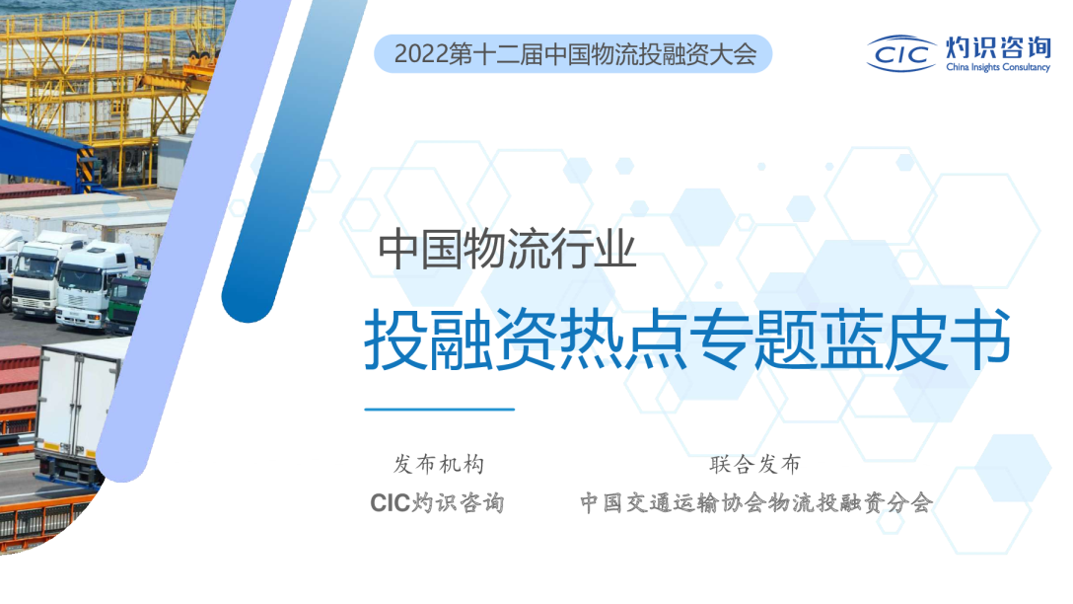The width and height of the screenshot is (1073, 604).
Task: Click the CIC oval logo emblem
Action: point(901,52)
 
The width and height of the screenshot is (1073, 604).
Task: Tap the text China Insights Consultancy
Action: point(997,68)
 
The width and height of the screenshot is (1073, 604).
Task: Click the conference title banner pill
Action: point(573,54)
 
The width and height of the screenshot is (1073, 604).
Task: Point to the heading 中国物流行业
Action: point(508,251)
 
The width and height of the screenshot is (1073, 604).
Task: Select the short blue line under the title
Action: point(439,409)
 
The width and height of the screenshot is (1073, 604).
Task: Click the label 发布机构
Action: point(438,464)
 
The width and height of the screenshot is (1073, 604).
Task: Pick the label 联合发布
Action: point(754,464)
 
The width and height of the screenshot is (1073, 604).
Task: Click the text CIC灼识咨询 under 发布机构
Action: point(437,502)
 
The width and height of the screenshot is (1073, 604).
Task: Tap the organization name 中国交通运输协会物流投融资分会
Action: point(755,502)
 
